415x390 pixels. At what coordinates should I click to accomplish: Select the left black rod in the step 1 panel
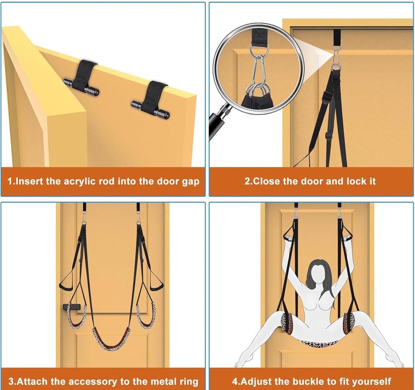pyautogui.click(x=81, y=86)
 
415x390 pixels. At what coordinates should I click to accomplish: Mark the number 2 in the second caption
pyautogui.click(x=247, y=181)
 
